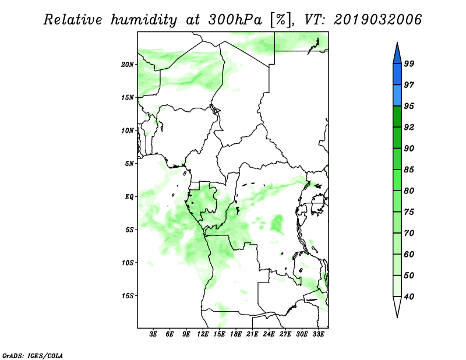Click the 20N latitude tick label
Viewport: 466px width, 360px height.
[128, 65]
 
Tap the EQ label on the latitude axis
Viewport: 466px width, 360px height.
[129, 197]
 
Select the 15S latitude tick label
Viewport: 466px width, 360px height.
[128, 296]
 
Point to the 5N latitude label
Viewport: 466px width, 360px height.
[129, 164]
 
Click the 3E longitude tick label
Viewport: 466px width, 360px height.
[153, 334]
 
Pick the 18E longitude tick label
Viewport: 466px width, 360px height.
[236, 334]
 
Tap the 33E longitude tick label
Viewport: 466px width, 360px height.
[318, 334]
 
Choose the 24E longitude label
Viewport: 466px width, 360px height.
[269, 334]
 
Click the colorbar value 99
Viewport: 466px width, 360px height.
[409, 63]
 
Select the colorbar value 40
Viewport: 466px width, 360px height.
[409, 297]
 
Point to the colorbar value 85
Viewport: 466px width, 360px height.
[409, 170]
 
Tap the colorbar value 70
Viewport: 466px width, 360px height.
[409, 233]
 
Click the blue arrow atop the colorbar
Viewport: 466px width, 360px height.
[397, 54]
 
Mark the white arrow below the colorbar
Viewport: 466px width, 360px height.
[397, 306]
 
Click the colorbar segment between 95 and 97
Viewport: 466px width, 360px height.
[397, 96]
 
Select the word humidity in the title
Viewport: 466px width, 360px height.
[144, 20]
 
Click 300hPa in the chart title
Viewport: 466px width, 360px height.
[235, 20]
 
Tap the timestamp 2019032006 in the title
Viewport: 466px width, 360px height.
[377, 20]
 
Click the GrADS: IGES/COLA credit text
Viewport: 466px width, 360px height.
[33, 355]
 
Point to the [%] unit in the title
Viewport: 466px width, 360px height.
[281, 20]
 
